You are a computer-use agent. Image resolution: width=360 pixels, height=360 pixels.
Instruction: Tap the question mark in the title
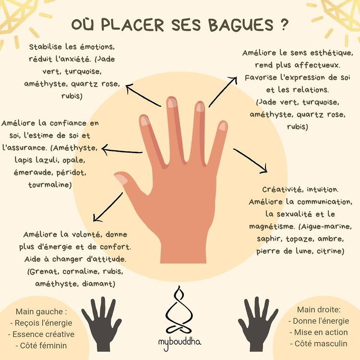pos(285,24)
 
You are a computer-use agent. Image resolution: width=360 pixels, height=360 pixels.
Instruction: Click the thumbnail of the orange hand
pos(121,180)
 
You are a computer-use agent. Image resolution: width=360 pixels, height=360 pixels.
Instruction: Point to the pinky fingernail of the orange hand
pos(223,126)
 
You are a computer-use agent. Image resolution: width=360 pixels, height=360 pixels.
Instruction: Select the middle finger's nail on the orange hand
pos(171,102)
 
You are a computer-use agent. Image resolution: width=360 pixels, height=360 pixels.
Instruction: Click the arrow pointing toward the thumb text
pos(108,206)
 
